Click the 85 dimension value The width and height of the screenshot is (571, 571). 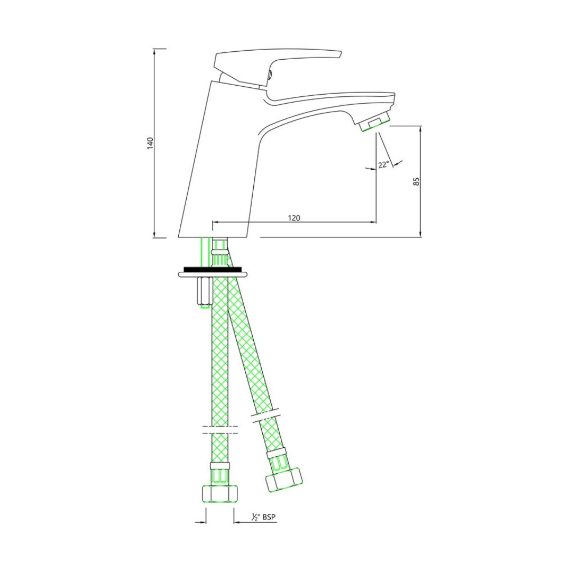tap(417, 181)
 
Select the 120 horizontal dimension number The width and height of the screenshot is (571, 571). tap(294, 218)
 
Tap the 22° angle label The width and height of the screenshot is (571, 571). tap(383, 164)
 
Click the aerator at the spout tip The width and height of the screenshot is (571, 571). tap(374, 123)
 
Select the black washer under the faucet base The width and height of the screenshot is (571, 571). tap(214, 270)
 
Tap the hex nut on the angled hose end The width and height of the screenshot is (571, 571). tap(284, 478)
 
